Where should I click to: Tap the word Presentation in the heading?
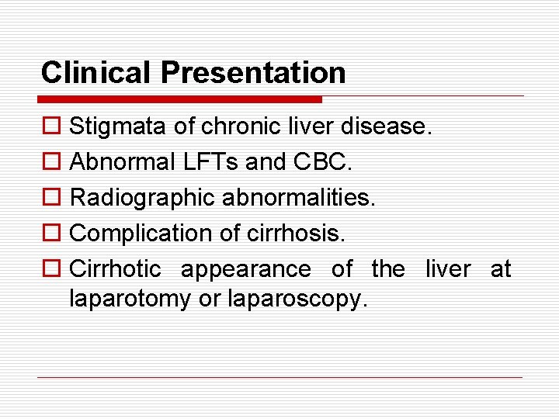pos(253,72)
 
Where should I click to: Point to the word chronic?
pos(231,126)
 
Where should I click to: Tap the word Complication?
pos(141,234)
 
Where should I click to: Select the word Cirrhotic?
pos(115,269)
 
